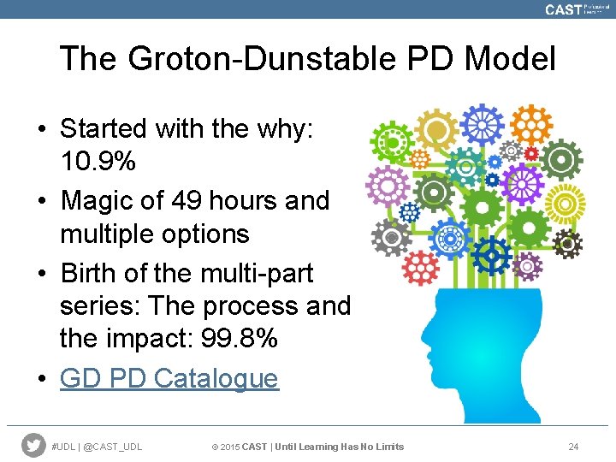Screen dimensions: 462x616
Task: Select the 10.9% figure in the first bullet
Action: [x=98, y=162]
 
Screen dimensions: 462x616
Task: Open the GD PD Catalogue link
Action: [x=169, y=378]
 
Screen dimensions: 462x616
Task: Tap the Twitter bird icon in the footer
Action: [x=33, y=446]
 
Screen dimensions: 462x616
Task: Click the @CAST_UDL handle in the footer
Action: [x=114, y=447]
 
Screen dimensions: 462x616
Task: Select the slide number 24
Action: [x=573, y=447]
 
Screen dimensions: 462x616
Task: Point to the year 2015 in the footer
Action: [x=230, y=447]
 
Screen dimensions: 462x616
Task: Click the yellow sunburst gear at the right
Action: [x=566, y=204]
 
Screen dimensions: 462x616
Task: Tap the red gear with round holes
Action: [x=420, y=269]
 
